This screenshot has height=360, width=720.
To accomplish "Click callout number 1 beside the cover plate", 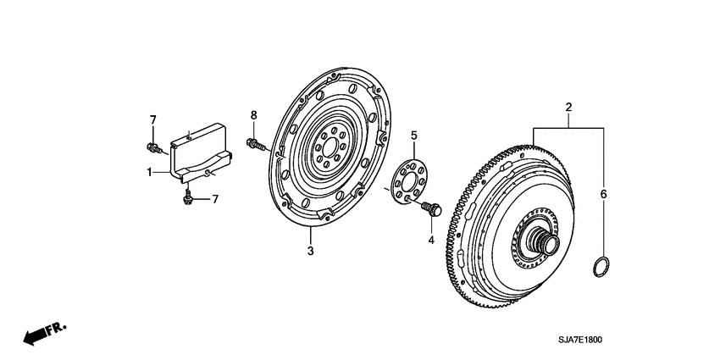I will pyautogui.click(x=149, y=172).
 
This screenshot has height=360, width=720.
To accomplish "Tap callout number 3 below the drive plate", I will pyautogui.click(x=310, y=252).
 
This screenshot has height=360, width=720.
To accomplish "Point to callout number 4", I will pyautogui.click(x=430, y=240).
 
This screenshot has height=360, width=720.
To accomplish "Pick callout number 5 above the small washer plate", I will pyautogui.click(x=414, y=136).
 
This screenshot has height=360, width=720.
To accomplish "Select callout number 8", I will pyautogui.click(x=252, y=115).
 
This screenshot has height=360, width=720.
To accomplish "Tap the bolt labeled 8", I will pyautogui.click(x=253, y=143).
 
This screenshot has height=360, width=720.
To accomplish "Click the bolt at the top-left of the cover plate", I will pyautogui.click(x=153, y=149).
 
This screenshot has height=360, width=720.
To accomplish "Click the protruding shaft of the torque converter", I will pyautogui.click(x=544, y=243).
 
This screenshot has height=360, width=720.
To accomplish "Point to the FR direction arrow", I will pyautogui.click(x=43, y=332).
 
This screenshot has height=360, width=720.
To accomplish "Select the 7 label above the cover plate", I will pyautogui.click(x=153, y=119).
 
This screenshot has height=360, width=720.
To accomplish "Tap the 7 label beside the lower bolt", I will pyautogui.click(x=214, y=199).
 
